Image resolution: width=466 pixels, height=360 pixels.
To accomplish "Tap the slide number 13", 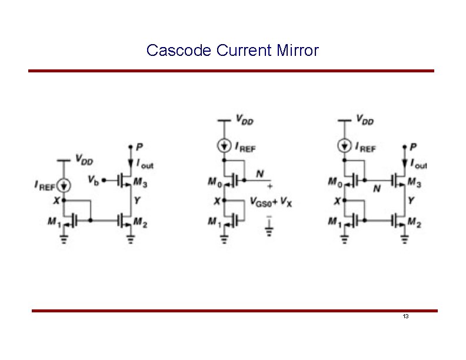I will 406,316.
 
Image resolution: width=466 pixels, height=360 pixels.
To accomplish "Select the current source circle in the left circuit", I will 65,185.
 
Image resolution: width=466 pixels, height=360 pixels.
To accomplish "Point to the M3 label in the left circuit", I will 141,184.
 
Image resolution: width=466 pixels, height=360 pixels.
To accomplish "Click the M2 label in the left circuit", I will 141,221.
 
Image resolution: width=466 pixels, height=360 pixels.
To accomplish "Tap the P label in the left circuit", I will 139,146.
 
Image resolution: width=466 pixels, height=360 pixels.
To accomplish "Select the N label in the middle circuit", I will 260,174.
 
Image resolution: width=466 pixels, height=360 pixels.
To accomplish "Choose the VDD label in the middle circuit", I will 245,120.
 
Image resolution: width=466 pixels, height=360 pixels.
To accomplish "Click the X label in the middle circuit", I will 216,201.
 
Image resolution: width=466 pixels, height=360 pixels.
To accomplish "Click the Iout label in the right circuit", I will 419,164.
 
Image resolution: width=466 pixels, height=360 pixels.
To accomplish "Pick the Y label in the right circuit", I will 413,201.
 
